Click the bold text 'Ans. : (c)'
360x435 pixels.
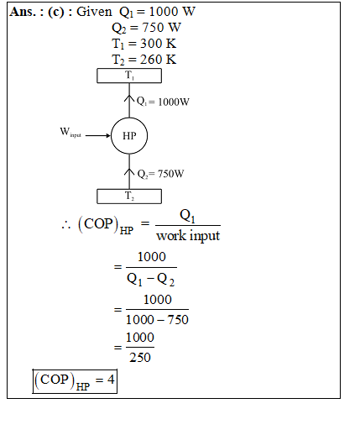37,12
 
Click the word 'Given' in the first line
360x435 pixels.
94,12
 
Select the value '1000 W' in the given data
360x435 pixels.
172,12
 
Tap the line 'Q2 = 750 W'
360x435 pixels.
146,28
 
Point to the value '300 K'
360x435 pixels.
158,44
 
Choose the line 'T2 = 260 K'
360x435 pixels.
144,60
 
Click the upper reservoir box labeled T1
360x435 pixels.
129,76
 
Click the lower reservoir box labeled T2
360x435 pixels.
129,197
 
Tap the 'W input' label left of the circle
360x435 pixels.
70,132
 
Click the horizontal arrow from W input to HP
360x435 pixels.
98,135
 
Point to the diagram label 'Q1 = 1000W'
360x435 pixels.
163,102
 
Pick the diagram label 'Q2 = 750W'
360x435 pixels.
160,174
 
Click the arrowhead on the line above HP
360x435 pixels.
129,98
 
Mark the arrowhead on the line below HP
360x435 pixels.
129,172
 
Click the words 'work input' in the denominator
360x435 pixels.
188,235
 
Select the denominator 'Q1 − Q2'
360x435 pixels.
150,280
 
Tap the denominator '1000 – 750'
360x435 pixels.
157,319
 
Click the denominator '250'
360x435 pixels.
140,357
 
